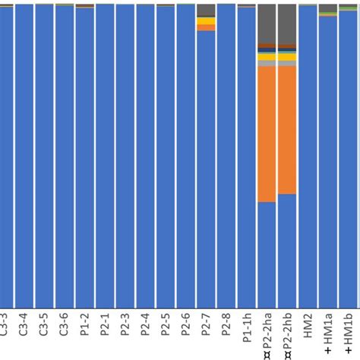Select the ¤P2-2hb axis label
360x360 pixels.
point(288,334)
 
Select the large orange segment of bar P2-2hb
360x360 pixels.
point(287,130)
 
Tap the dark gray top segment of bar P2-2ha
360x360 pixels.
point(267,23)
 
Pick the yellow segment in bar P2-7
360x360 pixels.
point(206,23)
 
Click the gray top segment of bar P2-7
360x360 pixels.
point(206,10)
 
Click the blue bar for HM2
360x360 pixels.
point(308,152)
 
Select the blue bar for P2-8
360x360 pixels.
point(226,152)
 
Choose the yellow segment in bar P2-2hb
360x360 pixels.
point(287,56)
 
